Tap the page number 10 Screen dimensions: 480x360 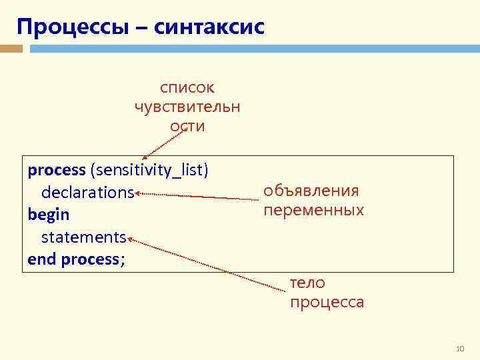click(x=459, y=349)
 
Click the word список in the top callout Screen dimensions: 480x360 click(x=187, y=87)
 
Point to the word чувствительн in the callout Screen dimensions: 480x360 click(x=187, y=107)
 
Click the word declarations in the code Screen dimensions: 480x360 click(x=87, y=193)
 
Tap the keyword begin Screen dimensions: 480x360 click(x=49, y=215)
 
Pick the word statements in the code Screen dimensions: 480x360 click(x=83, y=237)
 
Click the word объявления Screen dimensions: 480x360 click(x=311, y=191)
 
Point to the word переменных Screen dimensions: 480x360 click(x=313, y=211)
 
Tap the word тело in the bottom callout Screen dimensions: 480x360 click(x=307, y=283)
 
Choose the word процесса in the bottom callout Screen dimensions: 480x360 click(x=327, y=302)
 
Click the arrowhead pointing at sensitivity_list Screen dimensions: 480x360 click(x=141, y=155)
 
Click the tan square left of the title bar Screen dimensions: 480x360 click(x=11, y=49)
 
